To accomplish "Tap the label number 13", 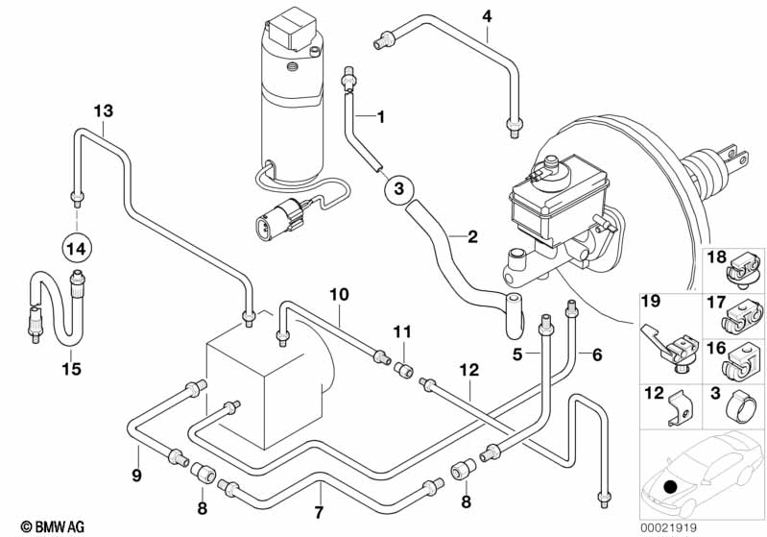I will coord(104,111).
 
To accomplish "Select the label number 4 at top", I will coord(487,16).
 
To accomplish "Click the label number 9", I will coord(136,475).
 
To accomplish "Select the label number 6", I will coord(596,354).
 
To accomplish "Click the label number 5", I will coord(516,354).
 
